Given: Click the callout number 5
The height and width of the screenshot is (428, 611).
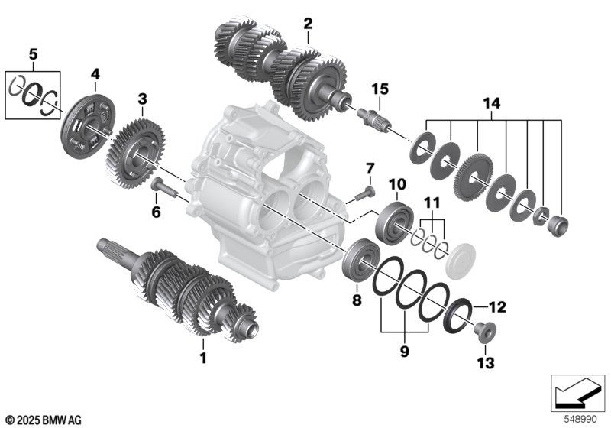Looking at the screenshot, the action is tap(34, 54).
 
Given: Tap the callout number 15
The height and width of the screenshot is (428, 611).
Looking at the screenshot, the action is tap(380, 89).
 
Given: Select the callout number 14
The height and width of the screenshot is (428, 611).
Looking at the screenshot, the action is tap(491, 103).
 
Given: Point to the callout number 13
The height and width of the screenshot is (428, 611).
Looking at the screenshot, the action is tap(486, 363).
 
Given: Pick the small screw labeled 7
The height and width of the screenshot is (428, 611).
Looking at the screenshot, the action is tap(365, 193).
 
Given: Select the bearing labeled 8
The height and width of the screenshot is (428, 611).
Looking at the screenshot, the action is tap(361, 260).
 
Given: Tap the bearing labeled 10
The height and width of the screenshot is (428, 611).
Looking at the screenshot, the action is tap(394, 223).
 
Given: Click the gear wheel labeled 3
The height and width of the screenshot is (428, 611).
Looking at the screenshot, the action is tap(135, 154).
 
